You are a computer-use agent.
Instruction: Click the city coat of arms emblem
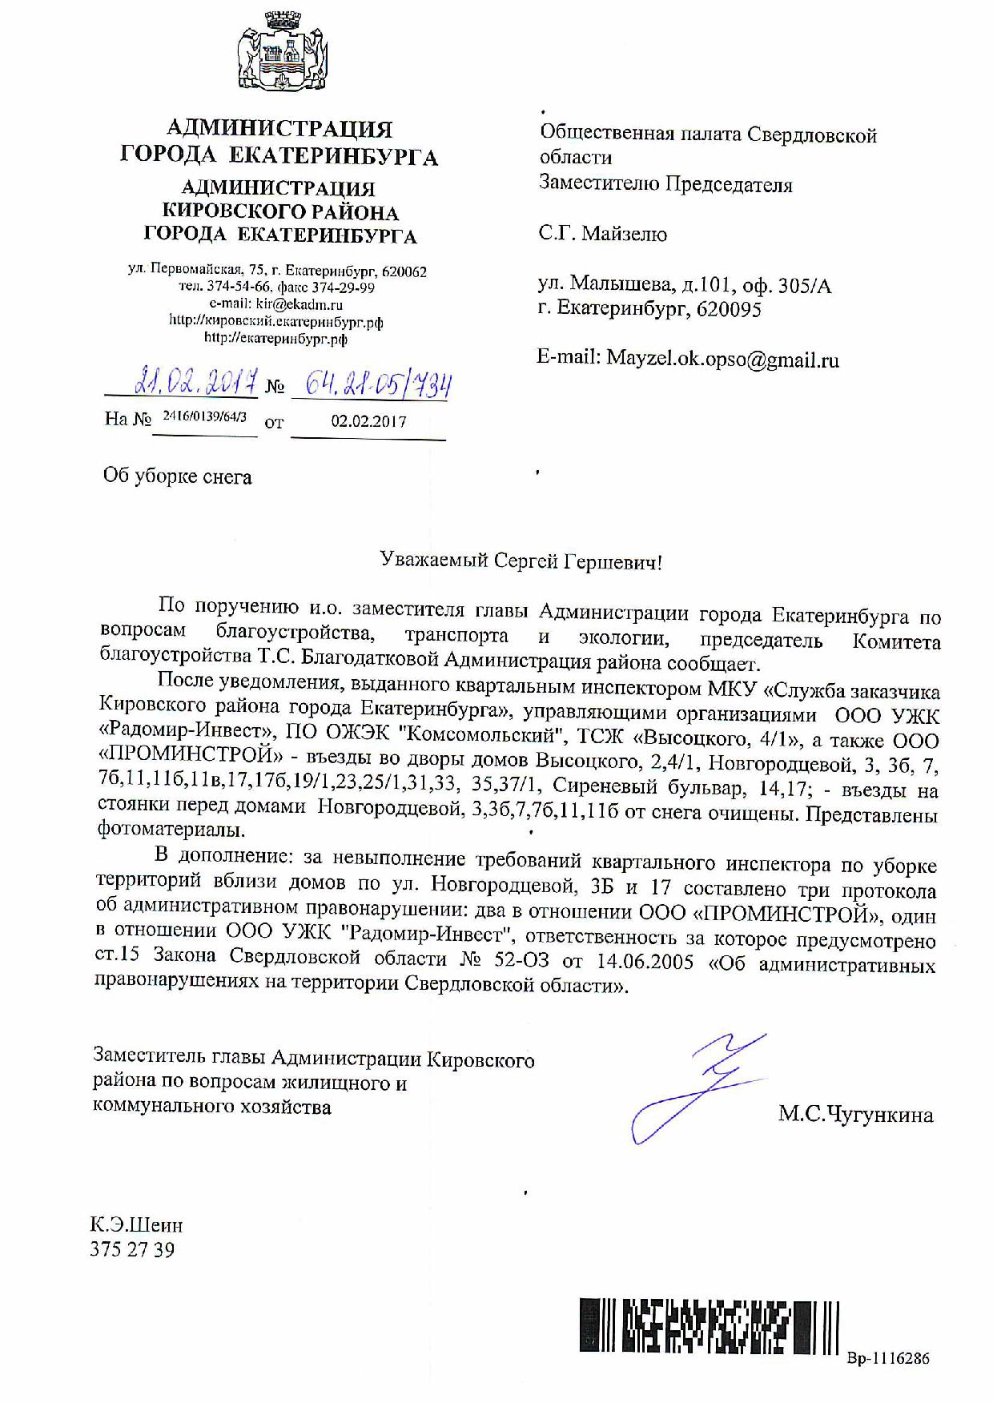279,54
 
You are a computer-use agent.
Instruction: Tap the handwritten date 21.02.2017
196,382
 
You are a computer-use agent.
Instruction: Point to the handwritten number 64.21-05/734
368,385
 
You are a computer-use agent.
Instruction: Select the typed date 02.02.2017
368,422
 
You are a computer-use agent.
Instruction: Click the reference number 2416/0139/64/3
204,417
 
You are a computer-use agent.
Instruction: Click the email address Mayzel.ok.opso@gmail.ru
722,360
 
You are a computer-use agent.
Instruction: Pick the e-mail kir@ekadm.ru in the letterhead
299,304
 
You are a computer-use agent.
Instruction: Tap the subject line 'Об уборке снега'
178,477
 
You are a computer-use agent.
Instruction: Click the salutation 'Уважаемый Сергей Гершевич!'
521,561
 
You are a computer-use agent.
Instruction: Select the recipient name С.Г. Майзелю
603,234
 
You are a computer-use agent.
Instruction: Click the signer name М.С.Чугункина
855,1115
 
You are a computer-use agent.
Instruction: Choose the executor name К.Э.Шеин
136,1225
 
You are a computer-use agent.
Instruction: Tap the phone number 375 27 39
132,1249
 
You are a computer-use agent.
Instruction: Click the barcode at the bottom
709,1325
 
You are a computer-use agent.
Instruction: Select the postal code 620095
729,309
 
